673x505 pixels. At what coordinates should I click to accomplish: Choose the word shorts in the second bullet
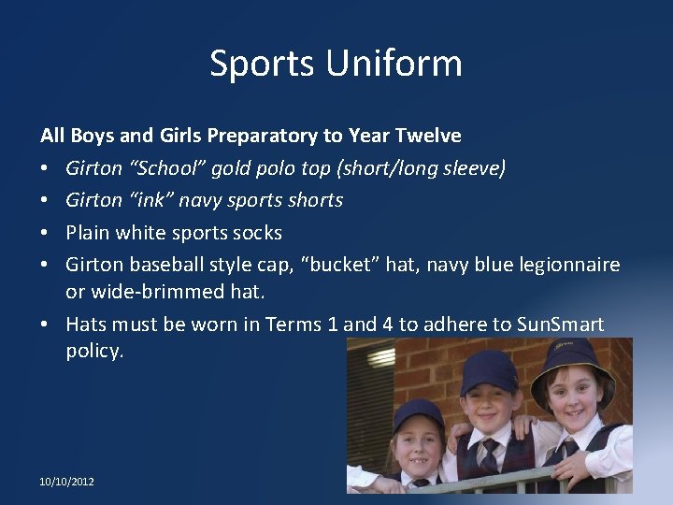(314, 200)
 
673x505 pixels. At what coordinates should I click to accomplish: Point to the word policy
(94, 351)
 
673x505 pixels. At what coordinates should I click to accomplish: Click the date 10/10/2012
(66, 482)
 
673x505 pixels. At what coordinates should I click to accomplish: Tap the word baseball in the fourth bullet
(165, 265)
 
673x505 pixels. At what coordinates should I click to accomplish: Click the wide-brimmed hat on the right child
(573, 360)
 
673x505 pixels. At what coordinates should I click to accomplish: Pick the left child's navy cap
(419, 412)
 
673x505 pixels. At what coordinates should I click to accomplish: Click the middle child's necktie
(489, 456)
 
